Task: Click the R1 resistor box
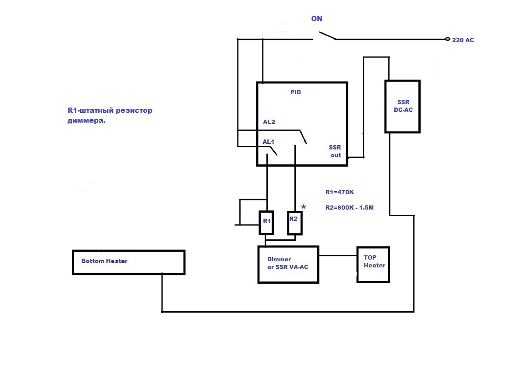point(266,224)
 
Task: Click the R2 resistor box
point(294,223)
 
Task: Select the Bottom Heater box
point(128,262)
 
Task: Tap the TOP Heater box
point(373,264)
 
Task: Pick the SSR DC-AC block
point(402,106)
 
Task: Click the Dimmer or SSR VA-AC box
point(288,264)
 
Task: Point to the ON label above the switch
point(316,19)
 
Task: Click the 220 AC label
point(463,40)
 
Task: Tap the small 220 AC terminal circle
point(447,39)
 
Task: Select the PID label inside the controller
point(296,93)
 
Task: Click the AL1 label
point(268,142)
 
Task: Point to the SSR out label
point(335,151)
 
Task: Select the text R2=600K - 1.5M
point(350,207)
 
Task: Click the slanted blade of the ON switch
point(327,36)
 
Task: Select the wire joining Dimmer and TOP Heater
point(338,255)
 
